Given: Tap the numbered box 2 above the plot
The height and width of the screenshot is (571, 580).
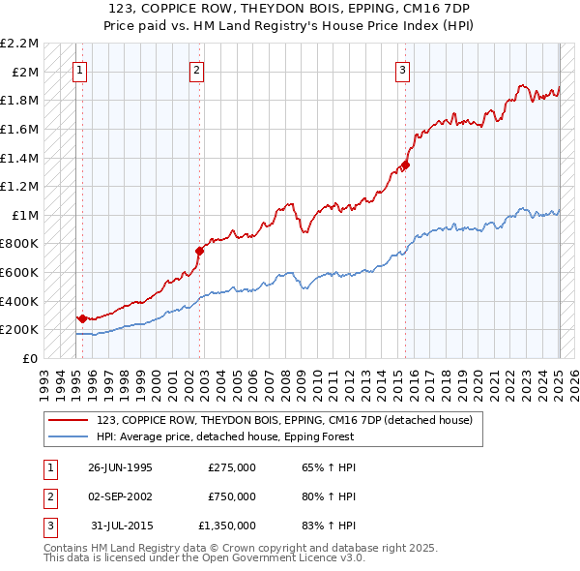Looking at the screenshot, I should pos(196,69).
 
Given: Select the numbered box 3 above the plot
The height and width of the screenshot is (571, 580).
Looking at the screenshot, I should pos(401,69).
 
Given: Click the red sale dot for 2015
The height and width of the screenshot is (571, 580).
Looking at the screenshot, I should pos(405,165).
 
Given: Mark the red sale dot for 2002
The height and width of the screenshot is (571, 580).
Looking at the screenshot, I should pos(200,250).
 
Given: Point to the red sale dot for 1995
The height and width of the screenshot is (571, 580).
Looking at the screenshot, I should pos(82,317).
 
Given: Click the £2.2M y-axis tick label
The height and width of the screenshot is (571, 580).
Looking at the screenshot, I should pos(19,44).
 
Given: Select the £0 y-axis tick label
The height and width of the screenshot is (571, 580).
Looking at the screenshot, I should pos(31,358).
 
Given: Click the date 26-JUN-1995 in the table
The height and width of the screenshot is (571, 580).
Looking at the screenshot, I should pos(120,467).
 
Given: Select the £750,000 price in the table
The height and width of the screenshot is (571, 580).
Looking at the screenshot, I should pos(231,496).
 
